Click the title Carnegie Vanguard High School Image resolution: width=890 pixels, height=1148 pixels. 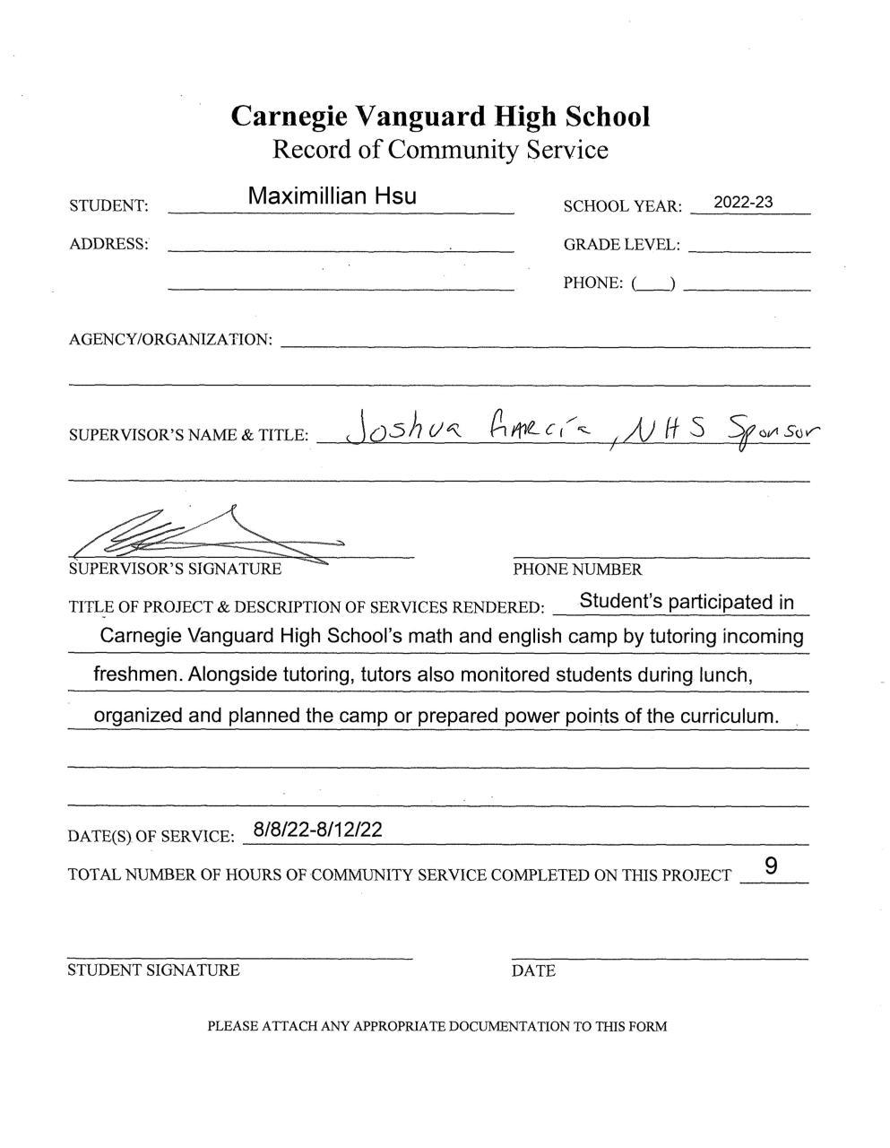[440, 117]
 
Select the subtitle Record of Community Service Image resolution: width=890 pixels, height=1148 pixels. [440, 149]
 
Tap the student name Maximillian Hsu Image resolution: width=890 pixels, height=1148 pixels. [332, 196]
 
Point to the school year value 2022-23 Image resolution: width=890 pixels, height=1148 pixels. [743, 203]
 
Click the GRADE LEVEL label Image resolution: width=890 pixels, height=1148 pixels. [621, 245]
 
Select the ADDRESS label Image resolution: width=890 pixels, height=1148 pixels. [108, 244]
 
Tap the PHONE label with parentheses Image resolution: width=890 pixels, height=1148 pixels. [619, 283]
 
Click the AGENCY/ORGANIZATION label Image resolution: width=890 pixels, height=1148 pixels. [170, 340]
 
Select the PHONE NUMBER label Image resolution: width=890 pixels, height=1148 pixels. [577, 570]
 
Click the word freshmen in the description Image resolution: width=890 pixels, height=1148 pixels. [138, 674]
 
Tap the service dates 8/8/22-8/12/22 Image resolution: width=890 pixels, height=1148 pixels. [318, 830]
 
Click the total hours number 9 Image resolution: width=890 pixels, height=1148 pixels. [771, 866]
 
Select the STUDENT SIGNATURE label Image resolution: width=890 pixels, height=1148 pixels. [153, 970]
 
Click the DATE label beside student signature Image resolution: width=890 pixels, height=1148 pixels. [533, 970]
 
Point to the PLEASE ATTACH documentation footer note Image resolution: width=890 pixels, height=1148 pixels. [437, 1026]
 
